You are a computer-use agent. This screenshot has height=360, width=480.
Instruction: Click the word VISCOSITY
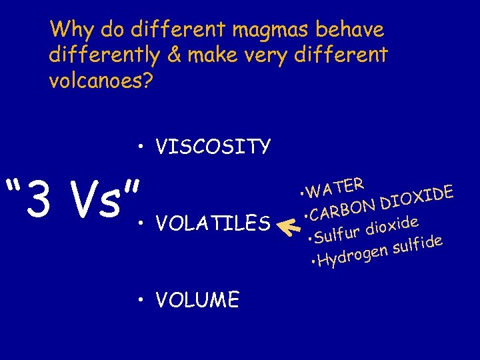click(213, 146)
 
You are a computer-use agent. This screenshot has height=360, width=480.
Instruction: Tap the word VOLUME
click(197, 301)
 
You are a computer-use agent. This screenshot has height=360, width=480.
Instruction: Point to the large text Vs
click(103, 199)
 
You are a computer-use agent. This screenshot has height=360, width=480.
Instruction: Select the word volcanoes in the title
click(100, 80)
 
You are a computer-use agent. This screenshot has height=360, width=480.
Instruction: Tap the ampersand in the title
click(175, 55)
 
